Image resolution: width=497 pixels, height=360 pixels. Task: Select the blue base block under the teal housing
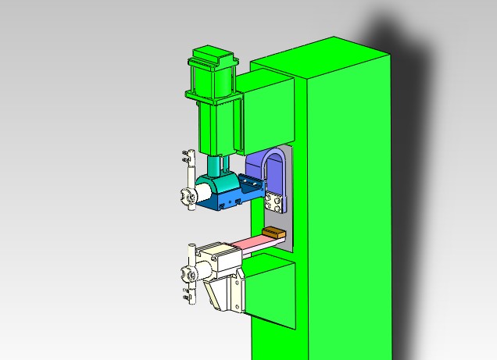click(227, 203)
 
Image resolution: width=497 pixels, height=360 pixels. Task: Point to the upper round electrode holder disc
click(188, 198)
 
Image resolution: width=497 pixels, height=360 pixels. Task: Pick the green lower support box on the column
click(270, 293)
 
